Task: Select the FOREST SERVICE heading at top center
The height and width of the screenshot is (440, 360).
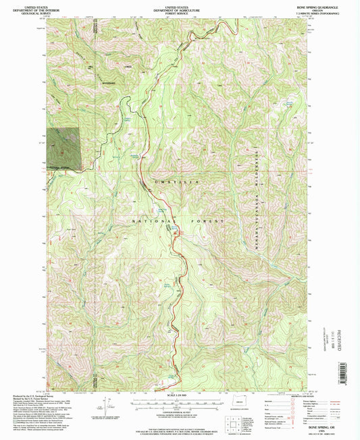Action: coord(179,13)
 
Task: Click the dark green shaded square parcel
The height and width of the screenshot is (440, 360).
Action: coord(63,148)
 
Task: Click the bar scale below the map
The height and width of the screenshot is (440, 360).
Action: coord(178,403)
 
